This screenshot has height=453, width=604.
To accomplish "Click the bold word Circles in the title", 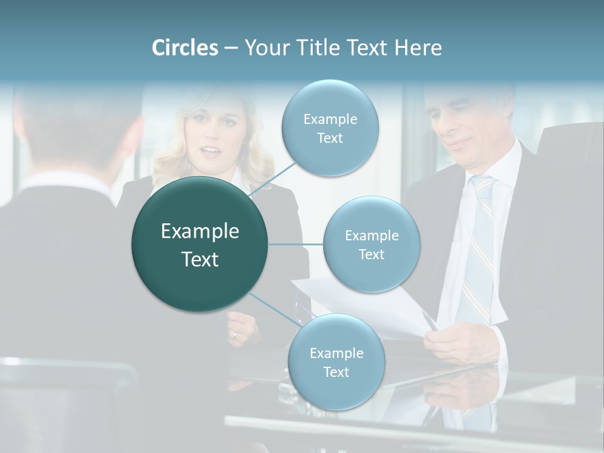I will pos(184,48).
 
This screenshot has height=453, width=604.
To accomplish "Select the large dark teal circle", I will pos(200,245).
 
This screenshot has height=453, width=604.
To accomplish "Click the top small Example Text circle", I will pos(330,128).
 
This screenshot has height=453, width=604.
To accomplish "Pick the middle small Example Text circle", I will pos(371,244).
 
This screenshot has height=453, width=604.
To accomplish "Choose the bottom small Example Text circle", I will pos(336,362).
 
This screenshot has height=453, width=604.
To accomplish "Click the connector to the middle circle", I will pos(295,244).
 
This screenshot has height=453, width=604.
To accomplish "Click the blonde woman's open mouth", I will pos(211,152).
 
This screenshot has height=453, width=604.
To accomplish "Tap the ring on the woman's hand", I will pos(235,335).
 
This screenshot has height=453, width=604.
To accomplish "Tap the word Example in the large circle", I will pos(200,232).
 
